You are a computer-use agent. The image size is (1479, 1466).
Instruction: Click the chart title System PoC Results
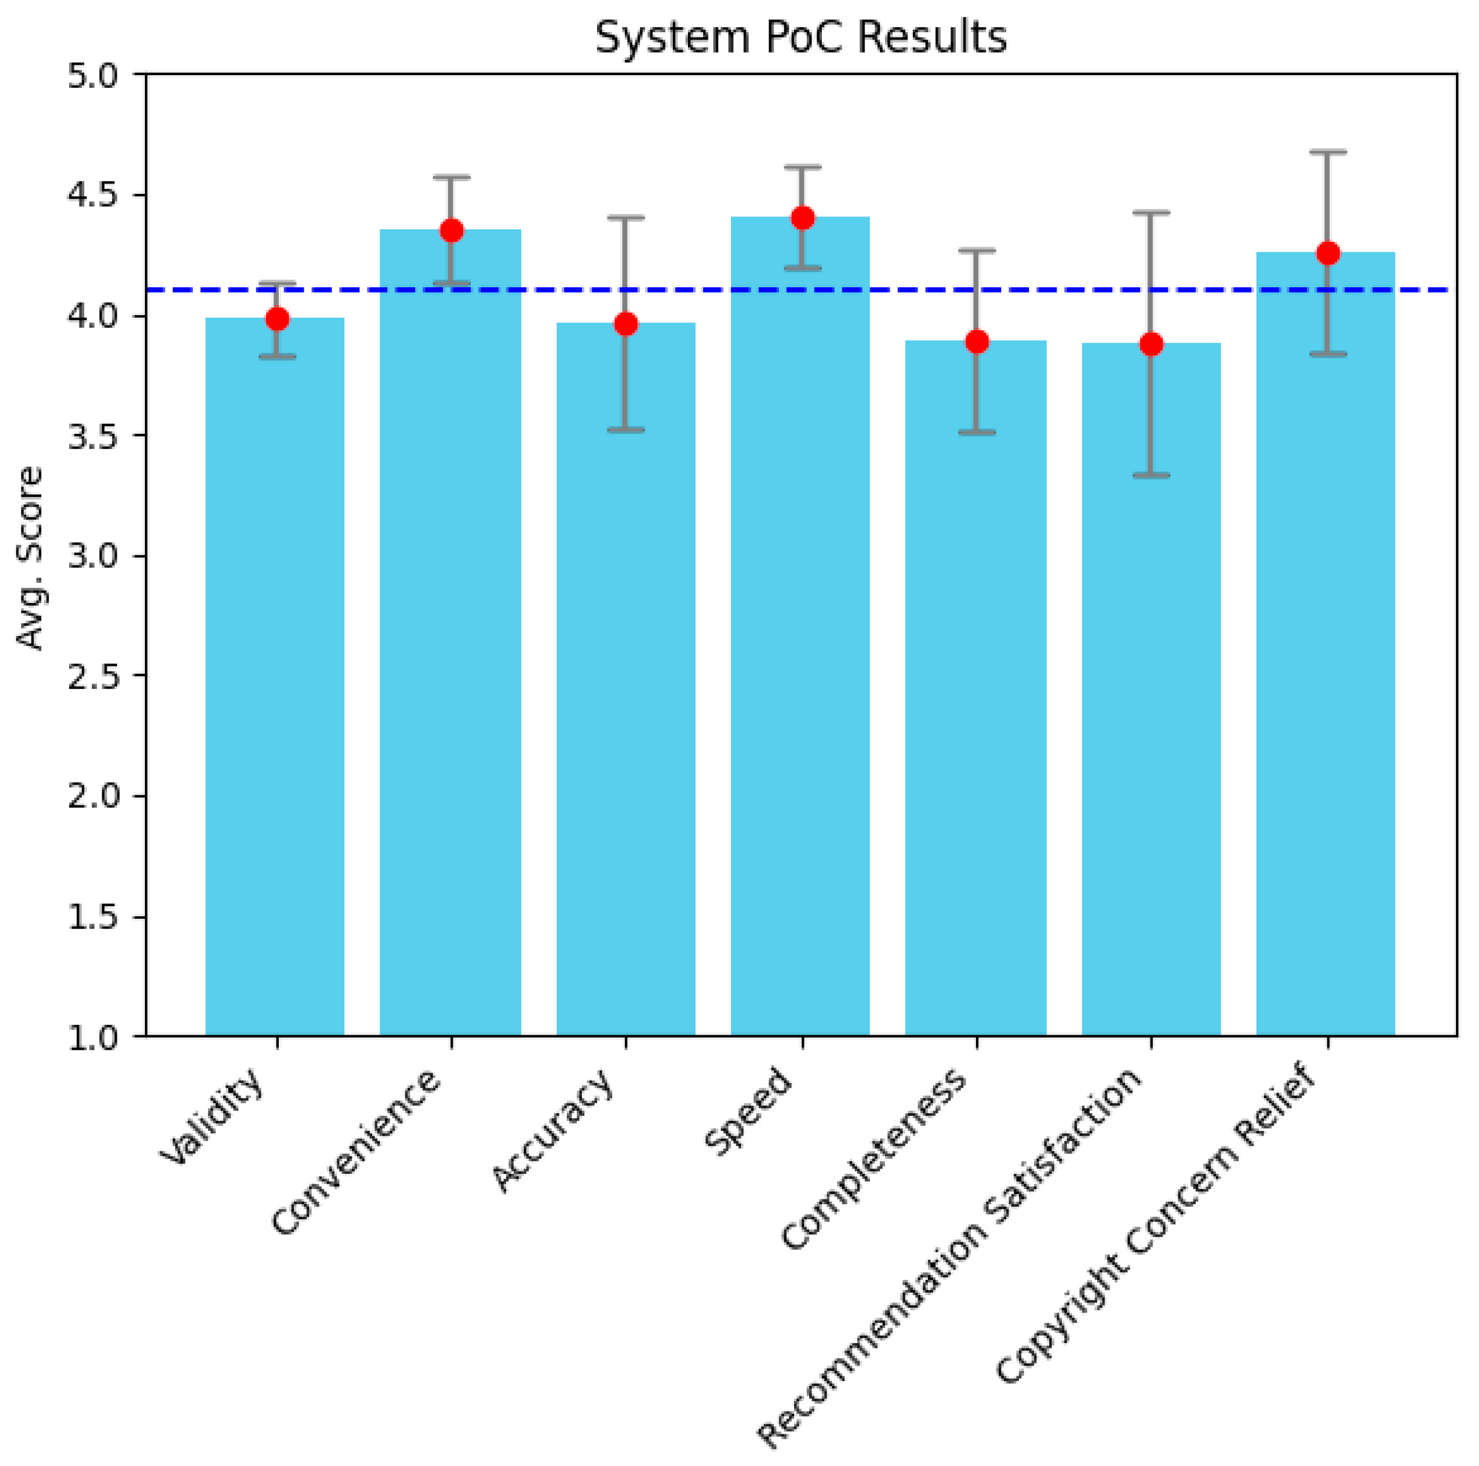[x=800, y=37]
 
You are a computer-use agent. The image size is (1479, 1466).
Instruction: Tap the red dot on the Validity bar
[x=277, y=318]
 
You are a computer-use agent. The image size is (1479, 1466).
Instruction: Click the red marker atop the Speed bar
[x=803, y=218]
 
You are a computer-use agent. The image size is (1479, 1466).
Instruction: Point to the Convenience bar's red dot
[x=452, y=230]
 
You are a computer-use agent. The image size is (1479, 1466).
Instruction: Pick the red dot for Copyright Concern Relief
[x=1327, y=253]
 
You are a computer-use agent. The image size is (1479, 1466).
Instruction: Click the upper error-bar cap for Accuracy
[x=626, y=218]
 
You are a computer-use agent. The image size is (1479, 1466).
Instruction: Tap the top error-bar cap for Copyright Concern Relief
[x=1327, y=152]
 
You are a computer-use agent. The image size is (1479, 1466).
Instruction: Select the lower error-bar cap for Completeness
[x=977, y=433]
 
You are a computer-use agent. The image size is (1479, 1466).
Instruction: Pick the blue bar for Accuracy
[x=626, y=689]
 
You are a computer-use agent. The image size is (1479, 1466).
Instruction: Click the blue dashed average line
[x=766, y=290]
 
